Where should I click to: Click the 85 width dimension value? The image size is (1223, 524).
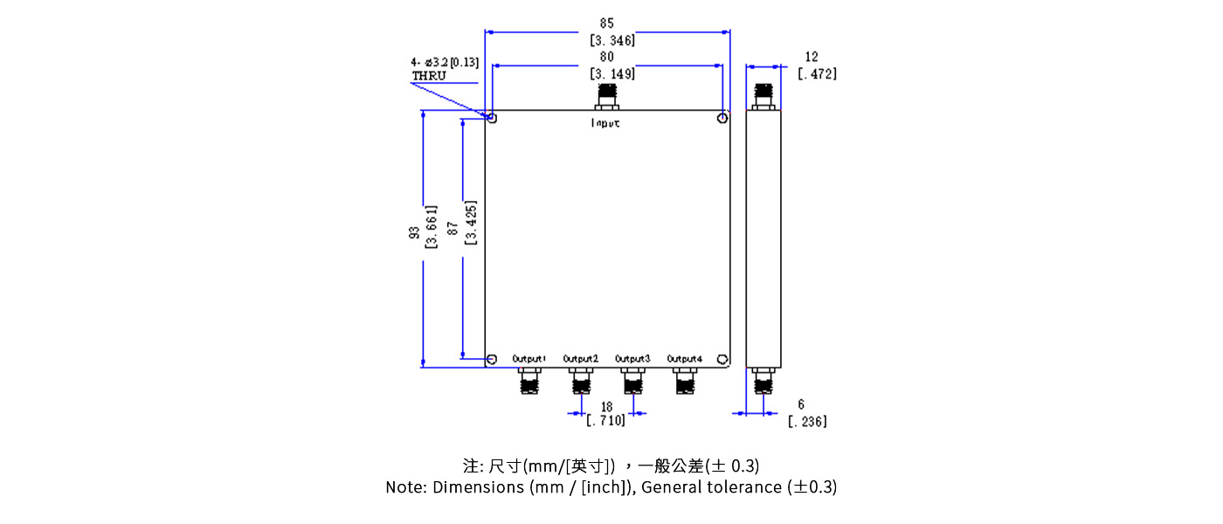606,23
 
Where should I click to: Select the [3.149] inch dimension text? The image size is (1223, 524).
611,74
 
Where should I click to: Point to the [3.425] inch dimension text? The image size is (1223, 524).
471,224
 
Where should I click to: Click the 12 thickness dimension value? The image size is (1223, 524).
812,57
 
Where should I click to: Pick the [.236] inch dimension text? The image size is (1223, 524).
807,422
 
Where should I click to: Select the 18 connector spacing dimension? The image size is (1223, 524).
606,407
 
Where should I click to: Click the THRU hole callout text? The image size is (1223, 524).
429,76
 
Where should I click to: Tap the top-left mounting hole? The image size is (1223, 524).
493,118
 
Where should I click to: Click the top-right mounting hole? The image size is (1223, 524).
722,118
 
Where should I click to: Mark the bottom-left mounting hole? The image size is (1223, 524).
493,359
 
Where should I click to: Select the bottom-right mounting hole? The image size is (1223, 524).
722,359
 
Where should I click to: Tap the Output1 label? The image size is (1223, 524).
529,359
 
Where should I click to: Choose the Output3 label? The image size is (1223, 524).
632,359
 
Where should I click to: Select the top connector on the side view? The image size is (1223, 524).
764,95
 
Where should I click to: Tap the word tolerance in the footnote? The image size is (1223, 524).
744,487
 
